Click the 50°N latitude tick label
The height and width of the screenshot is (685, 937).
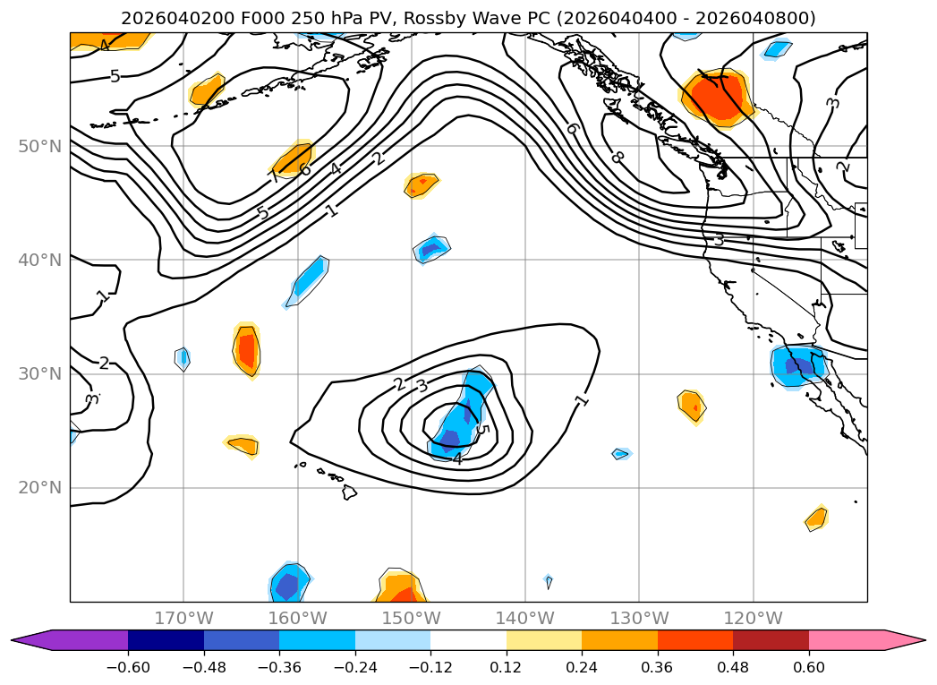39,146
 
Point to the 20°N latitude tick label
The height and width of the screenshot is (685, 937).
39,488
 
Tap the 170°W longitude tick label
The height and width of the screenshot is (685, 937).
183,618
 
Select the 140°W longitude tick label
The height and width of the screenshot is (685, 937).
525,618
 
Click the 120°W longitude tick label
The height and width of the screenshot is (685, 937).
754,618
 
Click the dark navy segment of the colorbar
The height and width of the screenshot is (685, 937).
166,640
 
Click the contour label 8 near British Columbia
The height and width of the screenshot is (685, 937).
617,158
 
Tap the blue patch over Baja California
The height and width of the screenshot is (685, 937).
798,365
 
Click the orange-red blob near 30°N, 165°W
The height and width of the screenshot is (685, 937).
246,349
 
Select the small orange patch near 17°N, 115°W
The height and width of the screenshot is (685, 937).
816,518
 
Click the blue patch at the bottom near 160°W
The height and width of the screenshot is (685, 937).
289,584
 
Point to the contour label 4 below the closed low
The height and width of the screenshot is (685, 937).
457,458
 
